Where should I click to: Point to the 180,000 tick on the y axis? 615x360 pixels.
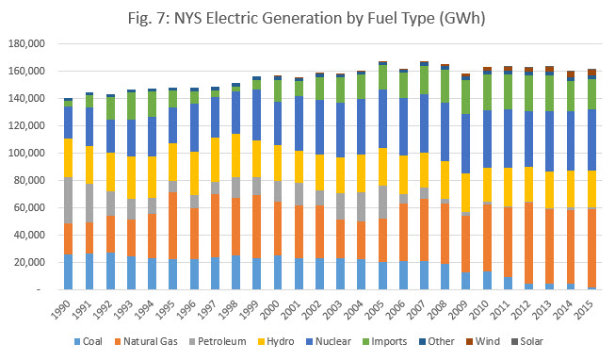[x=30, y=43]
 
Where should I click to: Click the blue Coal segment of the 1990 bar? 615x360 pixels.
[x=68, y=271]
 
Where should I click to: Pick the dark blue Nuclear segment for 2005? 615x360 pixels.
[x=382, y=119]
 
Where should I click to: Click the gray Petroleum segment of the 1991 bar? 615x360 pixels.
[x=89, y=203]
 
